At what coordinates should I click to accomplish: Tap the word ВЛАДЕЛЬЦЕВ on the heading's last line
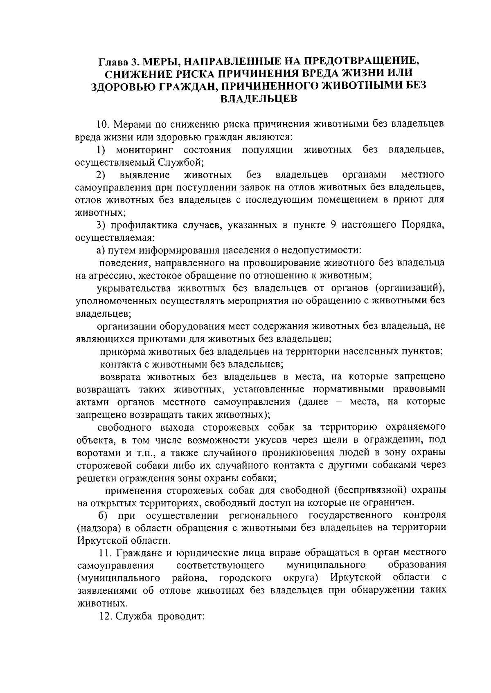259,99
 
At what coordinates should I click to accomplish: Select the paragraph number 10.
101,124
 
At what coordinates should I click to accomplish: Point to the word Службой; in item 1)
180,162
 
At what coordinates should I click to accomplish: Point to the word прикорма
121,351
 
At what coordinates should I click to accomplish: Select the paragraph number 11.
104,553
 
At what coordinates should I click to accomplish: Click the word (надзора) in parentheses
99,527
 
